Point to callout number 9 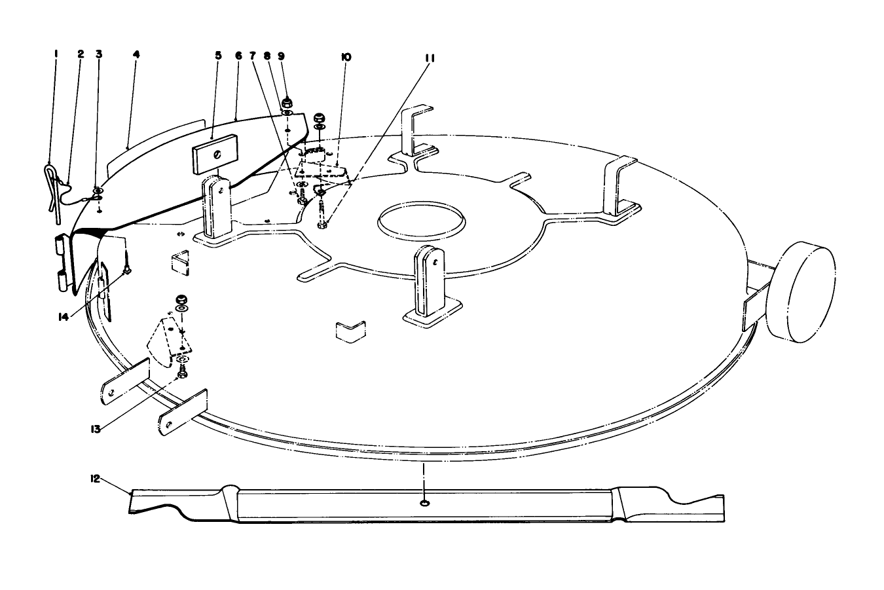(281, 56)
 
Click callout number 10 (346, 58)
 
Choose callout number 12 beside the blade (95, 479)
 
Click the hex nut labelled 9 (287, 103)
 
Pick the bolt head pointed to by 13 (183, 373)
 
